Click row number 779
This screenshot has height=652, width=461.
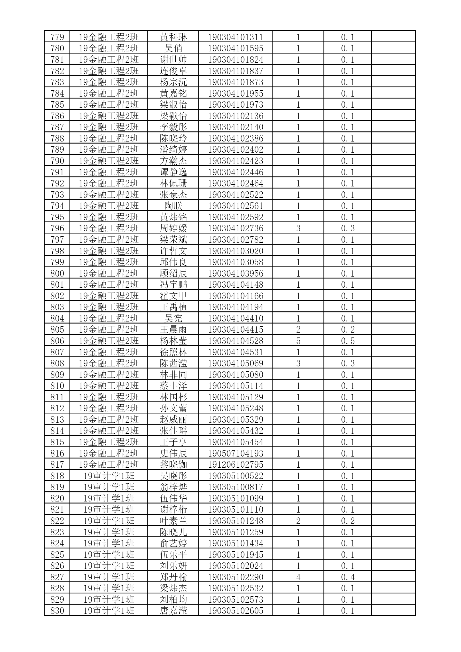coord(57,37)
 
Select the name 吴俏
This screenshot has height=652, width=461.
coord(173,49)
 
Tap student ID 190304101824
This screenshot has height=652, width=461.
coord(236,60)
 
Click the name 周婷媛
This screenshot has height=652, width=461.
coord(173,228)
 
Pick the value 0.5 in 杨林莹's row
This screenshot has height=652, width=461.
coord(348,341)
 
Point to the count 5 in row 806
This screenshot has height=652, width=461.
coord(298,341)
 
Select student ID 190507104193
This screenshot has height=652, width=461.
coord(236,453)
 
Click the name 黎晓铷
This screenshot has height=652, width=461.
coord(173,465)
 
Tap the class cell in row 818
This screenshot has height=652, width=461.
coord(108,476)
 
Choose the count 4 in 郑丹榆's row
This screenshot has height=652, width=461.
coord(298,577)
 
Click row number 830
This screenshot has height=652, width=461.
coord(57,611)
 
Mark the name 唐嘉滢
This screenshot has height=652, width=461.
coord(173,611)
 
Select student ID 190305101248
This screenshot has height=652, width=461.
coord(236,521)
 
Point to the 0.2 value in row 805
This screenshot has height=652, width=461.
coord(348,330)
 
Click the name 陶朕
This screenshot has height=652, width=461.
coord(173,206)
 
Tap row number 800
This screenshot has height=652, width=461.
coord(57,273)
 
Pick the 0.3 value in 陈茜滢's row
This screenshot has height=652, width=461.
coord(348,364)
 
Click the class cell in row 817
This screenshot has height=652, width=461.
coord(108,465)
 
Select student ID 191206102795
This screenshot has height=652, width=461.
coord(236,465)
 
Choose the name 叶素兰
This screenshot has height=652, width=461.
coord(173,521)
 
